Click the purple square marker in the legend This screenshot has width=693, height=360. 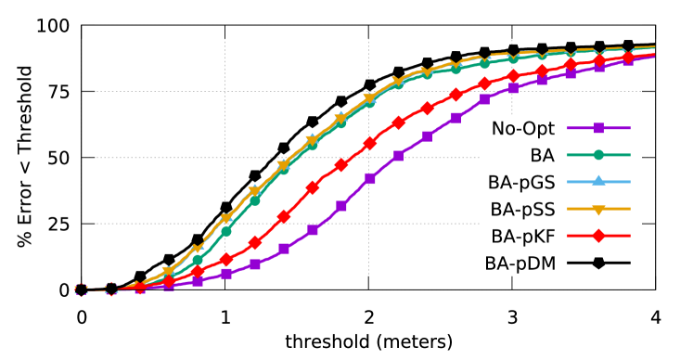coord(598,128)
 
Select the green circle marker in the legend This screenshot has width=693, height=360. coord(598,155)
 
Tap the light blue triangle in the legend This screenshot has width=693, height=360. coord(598,182)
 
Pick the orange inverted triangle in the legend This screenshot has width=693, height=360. coord(598,209)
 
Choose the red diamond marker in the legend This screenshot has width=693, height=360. coord(598,236)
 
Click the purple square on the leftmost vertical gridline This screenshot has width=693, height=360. coord(225,274)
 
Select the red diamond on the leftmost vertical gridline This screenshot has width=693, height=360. coord(225,259)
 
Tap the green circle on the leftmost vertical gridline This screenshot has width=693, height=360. coord(225,230)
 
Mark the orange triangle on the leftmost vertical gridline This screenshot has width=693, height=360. coord(225,219)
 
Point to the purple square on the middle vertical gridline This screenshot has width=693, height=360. coord(369,178)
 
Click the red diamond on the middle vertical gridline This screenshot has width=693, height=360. coord(369,144)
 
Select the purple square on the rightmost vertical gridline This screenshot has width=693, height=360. coord(513,89)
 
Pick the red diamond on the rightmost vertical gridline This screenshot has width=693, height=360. coord(513,76)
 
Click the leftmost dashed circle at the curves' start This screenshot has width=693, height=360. coord(82,289)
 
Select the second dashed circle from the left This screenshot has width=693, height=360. coord(110,289)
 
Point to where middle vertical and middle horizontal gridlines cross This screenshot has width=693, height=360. coord(369,158)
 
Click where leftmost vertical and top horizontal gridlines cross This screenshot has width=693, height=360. coord(225,91)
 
